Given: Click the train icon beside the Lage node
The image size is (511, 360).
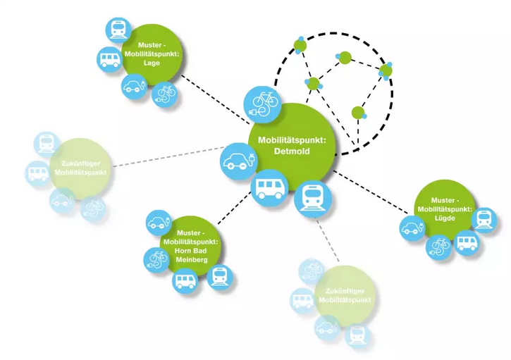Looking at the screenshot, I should [118, 30].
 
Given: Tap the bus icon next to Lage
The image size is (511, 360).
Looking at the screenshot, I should [109, 58].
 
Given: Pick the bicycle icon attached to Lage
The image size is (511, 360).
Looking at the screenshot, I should [166, 92].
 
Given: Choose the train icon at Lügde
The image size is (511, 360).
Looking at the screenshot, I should [484, 218].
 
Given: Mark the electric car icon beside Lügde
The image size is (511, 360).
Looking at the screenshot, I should [411, 228].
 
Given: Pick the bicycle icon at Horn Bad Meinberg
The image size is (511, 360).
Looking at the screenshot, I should [156, 257].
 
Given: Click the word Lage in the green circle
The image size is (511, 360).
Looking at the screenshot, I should [151, 63].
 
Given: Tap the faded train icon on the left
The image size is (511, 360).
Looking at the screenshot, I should [47, 143].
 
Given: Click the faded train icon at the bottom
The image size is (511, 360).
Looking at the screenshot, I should [358, 335].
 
